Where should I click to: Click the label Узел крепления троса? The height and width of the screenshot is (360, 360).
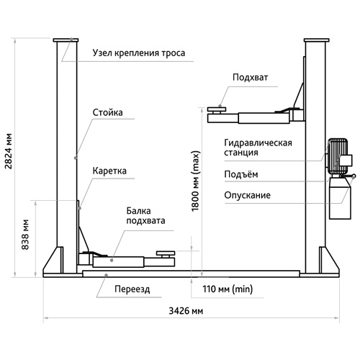pos(139,53)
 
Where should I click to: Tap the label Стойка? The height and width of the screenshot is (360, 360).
pos(107,112)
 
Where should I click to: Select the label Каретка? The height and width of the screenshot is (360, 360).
pos(109,171)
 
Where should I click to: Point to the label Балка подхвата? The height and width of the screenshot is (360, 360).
pos(145,216)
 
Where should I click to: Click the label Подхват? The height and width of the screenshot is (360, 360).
pos(250,78)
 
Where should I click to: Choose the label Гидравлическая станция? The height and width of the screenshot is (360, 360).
pos(258,148)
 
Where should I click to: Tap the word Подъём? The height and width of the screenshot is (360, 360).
pos(241,174)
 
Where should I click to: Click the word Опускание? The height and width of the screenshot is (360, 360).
pos(247,195)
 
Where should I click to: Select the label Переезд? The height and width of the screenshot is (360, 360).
pos(132,289)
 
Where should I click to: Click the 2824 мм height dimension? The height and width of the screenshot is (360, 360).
pos(8,151)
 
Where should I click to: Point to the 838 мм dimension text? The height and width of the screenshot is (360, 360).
pos(25,235)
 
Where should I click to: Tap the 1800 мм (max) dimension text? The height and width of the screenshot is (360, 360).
pos(195,181)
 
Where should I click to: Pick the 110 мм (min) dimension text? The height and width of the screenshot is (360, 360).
pos(228,289)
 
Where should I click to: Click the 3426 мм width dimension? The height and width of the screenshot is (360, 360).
pos(186,311)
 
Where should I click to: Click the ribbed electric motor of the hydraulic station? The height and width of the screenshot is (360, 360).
pos(338,156)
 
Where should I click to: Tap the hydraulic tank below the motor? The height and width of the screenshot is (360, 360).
pos(338,198)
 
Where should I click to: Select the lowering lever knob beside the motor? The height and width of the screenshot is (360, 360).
pos(354,176)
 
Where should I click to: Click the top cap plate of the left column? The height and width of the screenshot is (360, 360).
pos(66,40)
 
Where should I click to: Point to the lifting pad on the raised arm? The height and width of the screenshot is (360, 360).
pos(217,109)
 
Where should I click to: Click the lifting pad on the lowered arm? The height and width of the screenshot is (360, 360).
pos(166,253)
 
